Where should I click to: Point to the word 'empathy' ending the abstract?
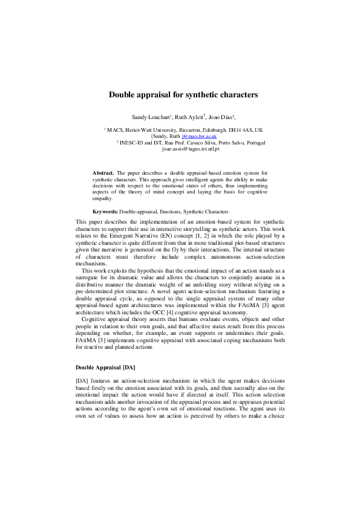click(102, 198)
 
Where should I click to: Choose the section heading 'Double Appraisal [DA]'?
click(105, 368)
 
